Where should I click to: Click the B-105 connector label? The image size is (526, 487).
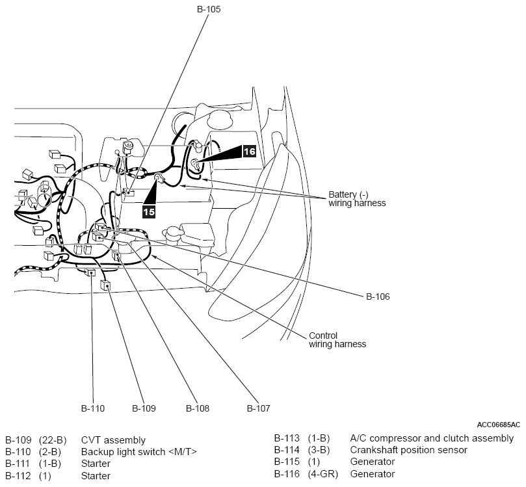pyautogui.click(x=208, y=9)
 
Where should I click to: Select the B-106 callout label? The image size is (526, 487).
pyautogui.click(x=378, y=296)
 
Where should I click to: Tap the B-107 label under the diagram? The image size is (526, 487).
pyautogui.click(x=258, y=408)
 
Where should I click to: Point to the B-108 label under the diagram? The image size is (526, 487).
pyautogui.click(x=198, y=408)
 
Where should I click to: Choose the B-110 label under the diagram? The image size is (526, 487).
pyautogui.click(x=93, y=408)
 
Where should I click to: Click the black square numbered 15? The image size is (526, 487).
pyautogui.click(x=149, y=211)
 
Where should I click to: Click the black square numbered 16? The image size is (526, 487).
pyautogui.click(x=249, y=151)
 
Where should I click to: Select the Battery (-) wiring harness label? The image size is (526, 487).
pyautogui.click(x=357, y=198)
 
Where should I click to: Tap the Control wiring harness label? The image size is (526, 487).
pyautogui.click(x=337, y=340)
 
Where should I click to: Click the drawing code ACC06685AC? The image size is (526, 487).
pyautogui.click(x=499, y=425)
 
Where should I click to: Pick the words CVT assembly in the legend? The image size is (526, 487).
pyautogui.click(x=113, y=440)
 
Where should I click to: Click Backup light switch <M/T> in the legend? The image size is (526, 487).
pyautogui.click(x=139, y=452)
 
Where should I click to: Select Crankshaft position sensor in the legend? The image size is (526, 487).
pyautogui.click(x=408, y=450)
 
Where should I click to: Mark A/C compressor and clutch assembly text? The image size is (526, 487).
pyautogui.click(x=432, y=438)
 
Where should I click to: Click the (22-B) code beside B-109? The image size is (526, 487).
pyautogui.click(x=53, y=440)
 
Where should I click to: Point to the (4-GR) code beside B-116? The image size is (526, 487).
pyautogui.click(x=322, y=473)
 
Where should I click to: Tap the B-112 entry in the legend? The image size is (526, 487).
pyautogui.click(x=18, y=475)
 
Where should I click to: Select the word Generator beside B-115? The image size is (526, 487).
pyautogui.click(x=373, y=462)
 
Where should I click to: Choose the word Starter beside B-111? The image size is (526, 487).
pyautogui.click(x=96, y=464)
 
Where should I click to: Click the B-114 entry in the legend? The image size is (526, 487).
pyautogui.click(x=287, y=450)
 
